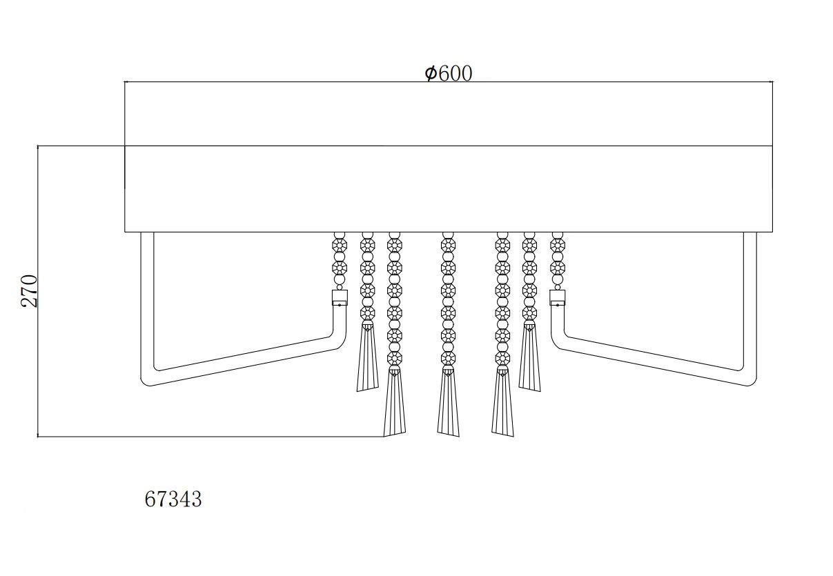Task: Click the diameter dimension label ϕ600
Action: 449,73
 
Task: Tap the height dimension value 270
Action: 28,291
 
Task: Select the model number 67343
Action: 173,499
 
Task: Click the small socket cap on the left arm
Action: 340,298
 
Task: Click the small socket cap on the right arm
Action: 558,298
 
